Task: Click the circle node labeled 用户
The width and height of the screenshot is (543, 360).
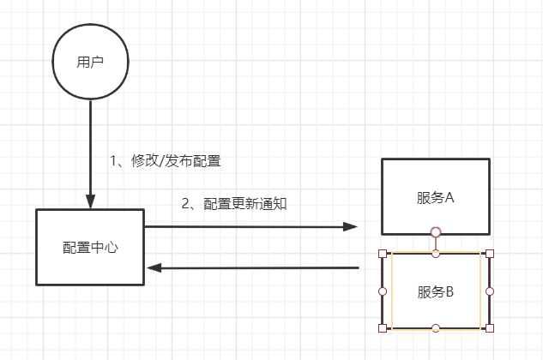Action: (90, 63)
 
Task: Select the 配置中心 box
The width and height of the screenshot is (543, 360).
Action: (90, 247)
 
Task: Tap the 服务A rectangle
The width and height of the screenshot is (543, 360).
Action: (435, 196)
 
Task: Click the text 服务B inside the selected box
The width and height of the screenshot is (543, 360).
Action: (435, 291)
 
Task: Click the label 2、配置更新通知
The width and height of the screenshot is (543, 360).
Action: (233, 204)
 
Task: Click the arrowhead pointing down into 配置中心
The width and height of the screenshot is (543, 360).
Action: (90, 201)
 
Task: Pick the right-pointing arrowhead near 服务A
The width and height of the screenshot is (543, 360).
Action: (351, 226)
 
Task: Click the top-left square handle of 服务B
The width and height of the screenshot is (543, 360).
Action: (383, 254)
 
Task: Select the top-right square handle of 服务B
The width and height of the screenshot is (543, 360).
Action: (489, 254)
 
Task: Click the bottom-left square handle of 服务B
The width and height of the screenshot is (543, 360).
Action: (383, 328)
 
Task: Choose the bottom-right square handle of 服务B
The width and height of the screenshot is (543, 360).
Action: (489, 328)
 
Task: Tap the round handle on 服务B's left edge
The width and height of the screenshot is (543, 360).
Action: (383, 291)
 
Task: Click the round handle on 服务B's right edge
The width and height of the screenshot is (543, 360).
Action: (489, 291)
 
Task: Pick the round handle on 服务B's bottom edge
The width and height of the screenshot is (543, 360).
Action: (436, 328)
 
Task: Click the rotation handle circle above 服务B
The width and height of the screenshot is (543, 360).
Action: (436, 231)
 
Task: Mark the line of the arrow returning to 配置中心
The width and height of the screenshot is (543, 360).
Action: (257, 268)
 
